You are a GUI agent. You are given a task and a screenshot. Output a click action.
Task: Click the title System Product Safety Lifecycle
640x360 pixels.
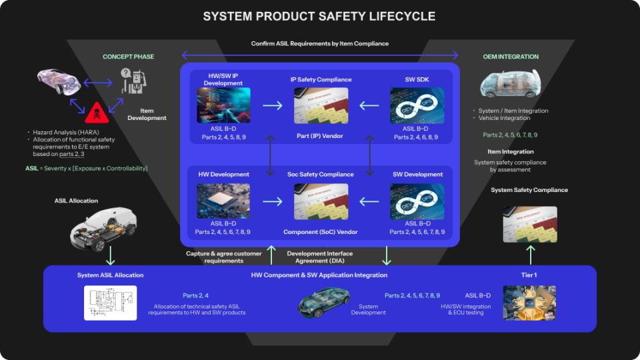point(319,16)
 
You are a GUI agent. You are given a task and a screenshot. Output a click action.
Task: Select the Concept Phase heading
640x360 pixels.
point(128,57)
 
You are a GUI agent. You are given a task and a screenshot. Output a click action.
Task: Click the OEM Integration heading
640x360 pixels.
point(511,57)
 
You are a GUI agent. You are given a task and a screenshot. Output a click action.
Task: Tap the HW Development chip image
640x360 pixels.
point(223,201)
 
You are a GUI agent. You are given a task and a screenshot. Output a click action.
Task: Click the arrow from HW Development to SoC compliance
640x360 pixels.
point(272,201)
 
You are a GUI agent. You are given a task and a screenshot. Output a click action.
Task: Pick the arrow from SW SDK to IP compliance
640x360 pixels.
point(369,105)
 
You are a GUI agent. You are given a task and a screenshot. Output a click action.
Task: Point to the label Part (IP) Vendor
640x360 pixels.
point(321,137)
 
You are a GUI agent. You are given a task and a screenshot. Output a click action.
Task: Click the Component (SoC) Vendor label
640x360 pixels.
point(321,232)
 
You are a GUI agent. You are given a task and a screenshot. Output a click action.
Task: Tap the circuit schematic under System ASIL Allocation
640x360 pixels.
point(110,303)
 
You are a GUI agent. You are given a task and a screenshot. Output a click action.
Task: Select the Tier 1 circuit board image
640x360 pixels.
point(529,303)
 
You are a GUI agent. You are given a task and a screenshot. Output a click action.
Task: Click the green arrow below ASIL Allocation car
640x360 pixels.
point(111,256)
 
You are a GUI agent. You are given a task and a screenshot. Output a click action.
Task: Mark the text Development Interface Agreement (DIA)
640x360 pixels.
point(320,257)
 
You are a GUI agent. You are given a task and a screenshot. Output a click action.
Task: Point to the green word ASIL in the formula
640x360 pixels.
point(31,169)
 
